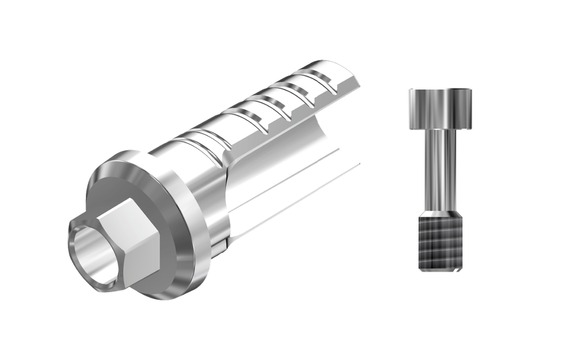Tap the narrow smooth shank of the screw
pyautogui.click(x=436, y=163)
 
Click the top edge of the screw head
pyautogui.click(x=439, y=89)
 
